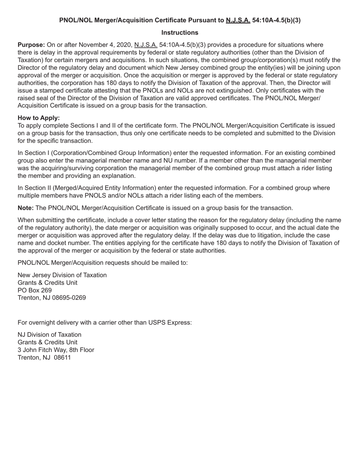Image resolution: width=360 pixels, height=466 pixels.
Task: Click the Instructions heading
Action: [x=180, y=33]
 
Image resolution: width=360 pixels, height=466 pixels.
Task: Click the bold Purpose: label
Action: [x=31, y=45]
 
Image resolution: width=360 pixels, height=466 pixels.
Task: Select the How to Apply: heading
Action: [x=39, y=118]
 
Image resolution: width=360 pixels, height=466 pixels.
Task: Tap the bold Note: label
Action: [x=26, y=208]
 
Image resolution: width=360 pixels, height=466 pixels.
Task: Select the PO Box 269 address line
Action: [x=35, y=290]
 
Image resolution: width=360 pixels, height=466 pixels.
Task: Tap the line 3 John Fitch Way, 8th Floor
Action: [x=56, y=350]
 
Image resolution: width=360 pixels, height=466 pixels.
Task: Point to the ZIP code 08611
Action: [x=63, y=358]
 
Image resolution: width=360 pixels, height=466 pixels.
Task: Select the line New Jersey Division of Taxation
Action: [x=62, y=275]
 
